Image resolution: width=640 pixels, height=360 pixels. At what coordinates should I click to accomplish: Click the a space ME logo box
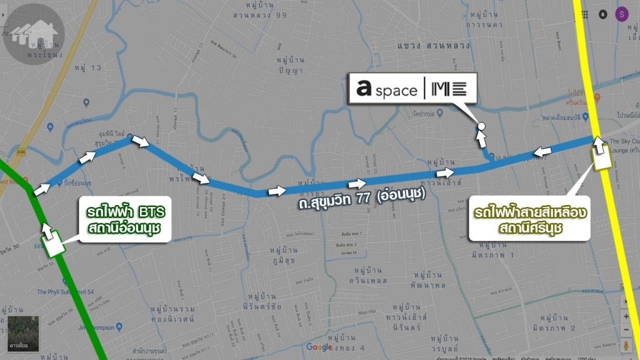point(414,89)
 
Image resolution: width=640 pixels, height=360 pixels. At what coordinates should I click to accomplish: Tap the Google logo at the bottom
point(319,347)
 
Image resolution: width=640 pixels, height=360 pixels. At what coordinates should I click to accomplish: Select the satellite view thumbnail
point(23,332)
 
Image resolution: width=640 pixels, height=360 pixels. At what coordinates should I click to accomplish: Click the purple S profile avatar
point(622,14)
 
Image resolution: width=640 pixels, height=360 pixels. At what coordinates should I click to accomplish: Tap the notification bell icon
point(602,14)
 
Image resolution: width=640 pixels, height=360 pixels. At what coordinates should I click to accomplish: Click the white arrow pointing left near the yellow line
point(542,151)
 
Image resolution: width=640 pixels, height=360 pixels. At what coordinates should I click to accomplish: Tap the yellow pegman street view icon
point(627,345)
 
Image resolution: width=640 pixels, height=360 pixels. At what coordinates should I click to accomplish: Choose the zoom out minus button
point(627,329)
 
